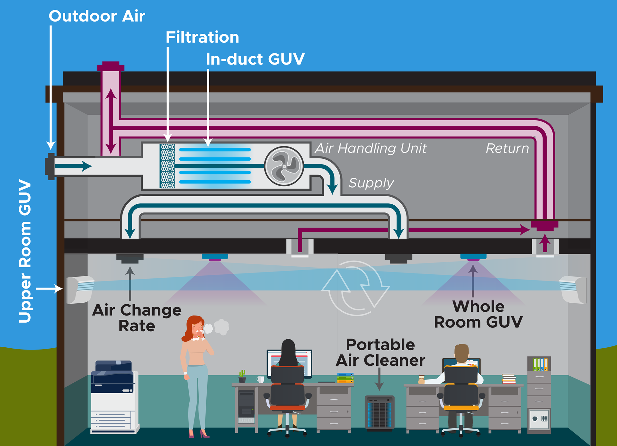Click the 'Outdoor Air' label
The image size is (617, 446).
tap(97, 16)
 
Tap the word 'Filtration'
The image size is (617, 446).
tap(202, 37)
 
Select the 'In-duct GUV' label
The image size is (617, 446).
tap(255, 59)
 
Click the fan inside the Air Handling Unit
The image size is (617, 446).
tap(284, 166)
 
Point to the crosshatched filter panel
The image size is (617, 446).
tap(167, 166)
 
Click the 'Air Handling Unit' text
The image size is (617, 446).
tap(371, 148)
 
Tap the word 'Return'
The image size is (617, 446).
tap(507, 148)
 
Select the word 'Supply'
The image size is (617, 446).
tap(371, 183)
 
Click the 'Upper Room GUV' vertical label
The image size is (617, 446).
tap(25, 251)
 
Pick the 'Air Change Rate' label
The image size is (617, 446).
tap(137, 318)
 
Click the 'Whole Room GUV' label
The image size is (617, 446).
tap(478, 314)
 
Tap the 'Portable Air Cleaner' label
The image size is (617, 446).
tap(380, 352)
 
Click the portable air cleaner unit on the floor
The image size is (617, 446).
tap(380, 413)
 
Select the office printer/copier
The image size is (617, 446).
tap(114, 397)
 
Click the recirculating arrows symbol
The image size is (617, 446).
tap(355, 288)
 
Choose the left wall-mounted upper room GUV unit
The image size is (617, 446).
tap(80, 290)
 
